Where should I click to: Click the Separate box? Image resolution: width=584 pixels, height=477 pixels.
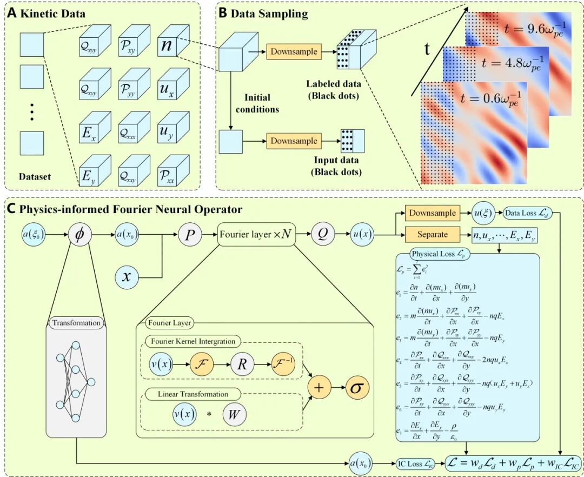pyautogui.click(x=432, y=235)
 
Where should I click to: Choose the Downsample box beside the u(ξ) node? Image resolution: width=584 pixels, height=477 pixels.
pyautogui.click(x=432, y=214)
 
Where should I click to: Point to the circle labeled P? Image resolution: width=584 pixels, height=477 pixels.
pyautogui.click(x=189, y=235)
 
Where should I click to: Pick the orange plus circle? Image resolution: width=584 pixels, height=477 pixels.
pyautogui.click(x=319, y=389)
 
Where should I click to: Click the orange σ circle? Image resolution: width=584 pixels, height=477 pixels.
pyautogui.click(x=357, y=389)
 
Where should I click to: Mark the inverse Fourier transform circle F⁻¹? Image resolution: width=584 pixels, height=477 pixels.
pyautogui.click(x=281, y=366)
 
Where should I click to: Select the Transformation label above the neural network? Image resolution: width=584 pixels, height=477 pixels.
pyautogui.click(x=76, y=323)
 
